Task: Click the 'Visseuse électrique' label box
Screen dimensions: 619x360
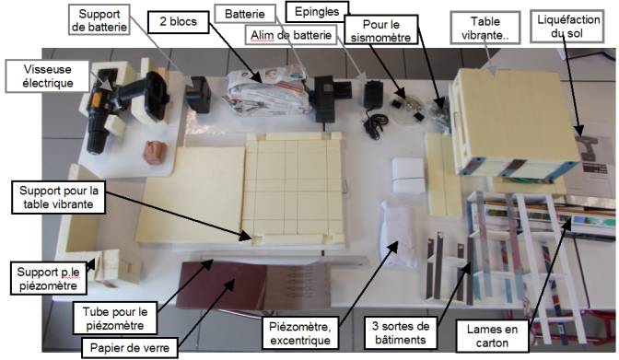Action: tap(47, 76)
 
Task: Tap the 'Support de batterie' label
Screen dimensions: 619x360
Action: tap(99, 20)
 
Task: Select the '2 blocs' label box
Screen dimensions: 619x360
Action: tap(178, 21)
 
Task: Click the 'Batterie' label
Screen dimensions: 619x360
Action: tap(245, 14)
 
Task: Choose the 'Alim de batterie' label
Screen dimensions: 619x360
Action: tap(291, 35)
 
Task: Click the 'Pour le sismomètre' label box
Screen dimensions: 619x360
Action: tap(381, 31)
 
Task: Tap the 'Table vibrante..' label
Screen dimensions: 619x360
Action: tap(485, 28)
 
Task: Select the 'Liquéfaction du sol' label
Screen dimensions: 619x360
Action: tap(567, 27)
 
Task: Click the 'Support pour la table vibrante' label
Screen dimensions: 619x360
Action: tap(58, 197)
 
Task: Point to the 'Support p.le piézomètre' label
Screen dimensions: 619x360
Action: tap(48, 278)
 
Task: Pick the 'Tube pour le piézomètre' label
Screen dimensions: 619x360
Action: tap(115, 319)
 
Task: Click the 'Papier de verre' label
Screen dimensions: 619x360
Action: tap(130, 347)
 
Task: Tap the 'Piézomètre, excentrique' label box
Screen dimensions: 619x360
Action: tap(300, 332)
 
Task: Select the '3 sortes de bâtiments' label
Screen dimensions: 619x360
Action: tap(401, 332)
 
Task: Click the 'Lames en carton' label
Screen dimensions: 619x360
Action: tap(492, 335)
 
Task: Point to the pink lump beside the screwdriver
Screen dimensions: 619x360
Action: tap(155, 153)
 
